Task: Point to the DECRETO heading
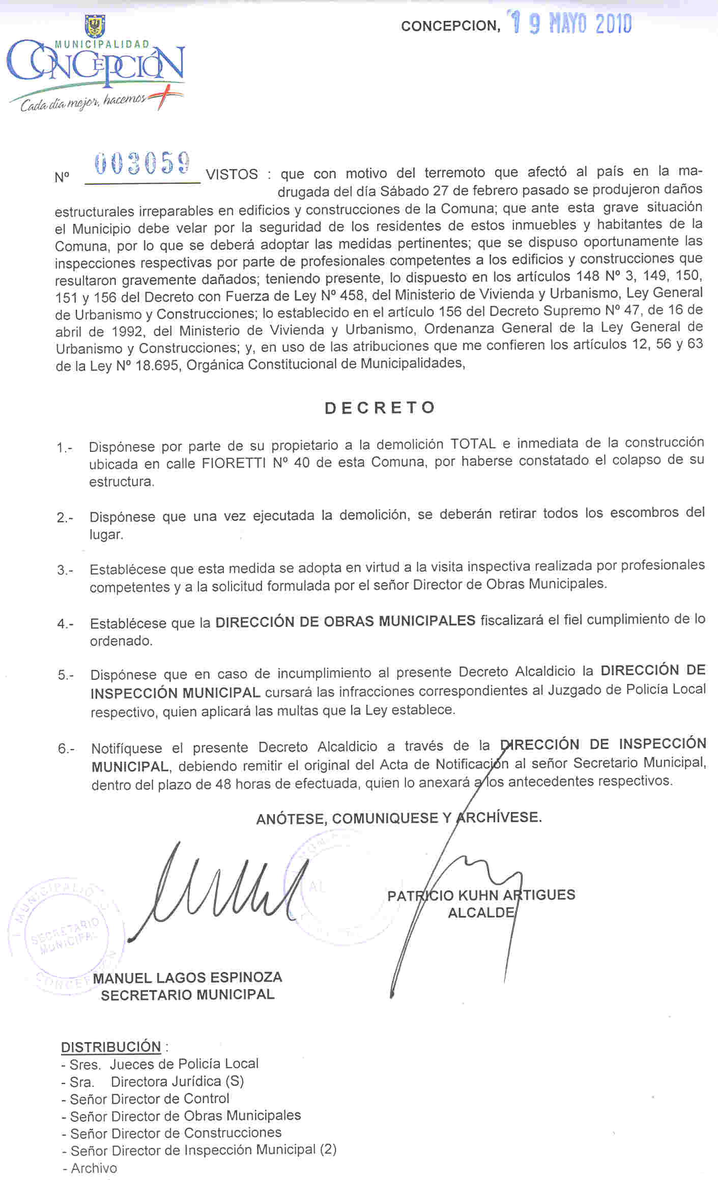(x=380, y=408)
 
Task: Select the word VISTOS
(x=232, y=175)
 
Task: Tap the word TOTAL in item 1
(x=473, y=444)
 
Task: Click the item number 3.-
(x=65, y=570)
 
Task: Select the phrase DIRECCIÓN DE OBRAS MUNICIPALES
(x=345, y=621)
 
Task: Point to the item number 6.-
(x=66, y=749)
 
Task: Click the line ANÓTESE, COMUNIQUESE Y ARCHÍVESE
(x=399, y=818)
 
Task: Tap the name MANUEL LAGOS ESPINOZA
(x=187, y=977)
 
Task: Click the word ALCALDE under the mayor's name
(x=481, y=912)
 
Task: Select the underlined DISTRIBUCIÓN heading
(x=111, y=1047)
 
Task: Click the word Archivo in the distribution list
(x=94, y=1168)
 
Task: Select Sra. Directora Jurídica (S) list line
(x=153, y=1081)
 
